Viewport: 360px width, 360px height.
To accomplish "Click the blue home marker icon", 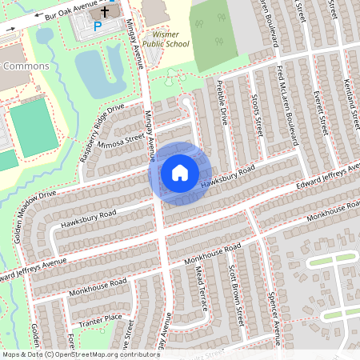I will coord(179,173).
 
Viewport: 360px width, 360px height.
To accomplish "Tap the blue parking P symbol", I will coord(98,26).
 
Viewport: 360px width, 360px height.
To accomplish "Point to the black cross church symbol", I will coord(104,14).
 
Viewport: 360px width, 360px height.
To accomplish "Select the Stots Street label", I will coord(258,118).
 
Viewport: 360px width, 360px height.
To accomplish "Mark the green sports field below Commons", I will coord(34,125).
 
